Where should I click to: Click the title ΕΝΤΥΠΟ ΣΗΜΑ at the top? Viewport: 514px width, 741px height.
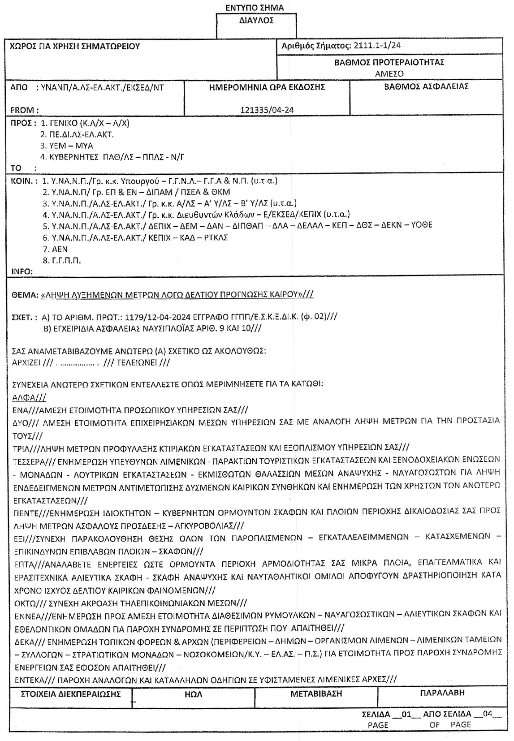click(255, 8)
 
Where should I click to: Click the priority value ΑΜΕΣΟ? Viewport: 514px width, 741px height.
click(389, 73)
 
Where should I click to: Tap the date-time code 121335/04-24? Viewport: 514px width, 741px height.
click(267, 110)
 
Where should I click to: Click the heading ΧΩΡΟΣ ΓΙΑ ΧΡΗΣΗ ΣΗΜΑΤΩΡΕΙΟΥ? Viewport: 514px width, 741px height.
click(75, 46)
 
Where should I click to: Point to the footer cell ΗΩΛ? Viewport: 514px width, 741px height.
click(193, 694)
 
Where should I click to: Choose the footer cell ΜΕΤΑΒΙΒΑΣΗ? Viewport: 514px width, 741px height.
click(316, 694)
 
